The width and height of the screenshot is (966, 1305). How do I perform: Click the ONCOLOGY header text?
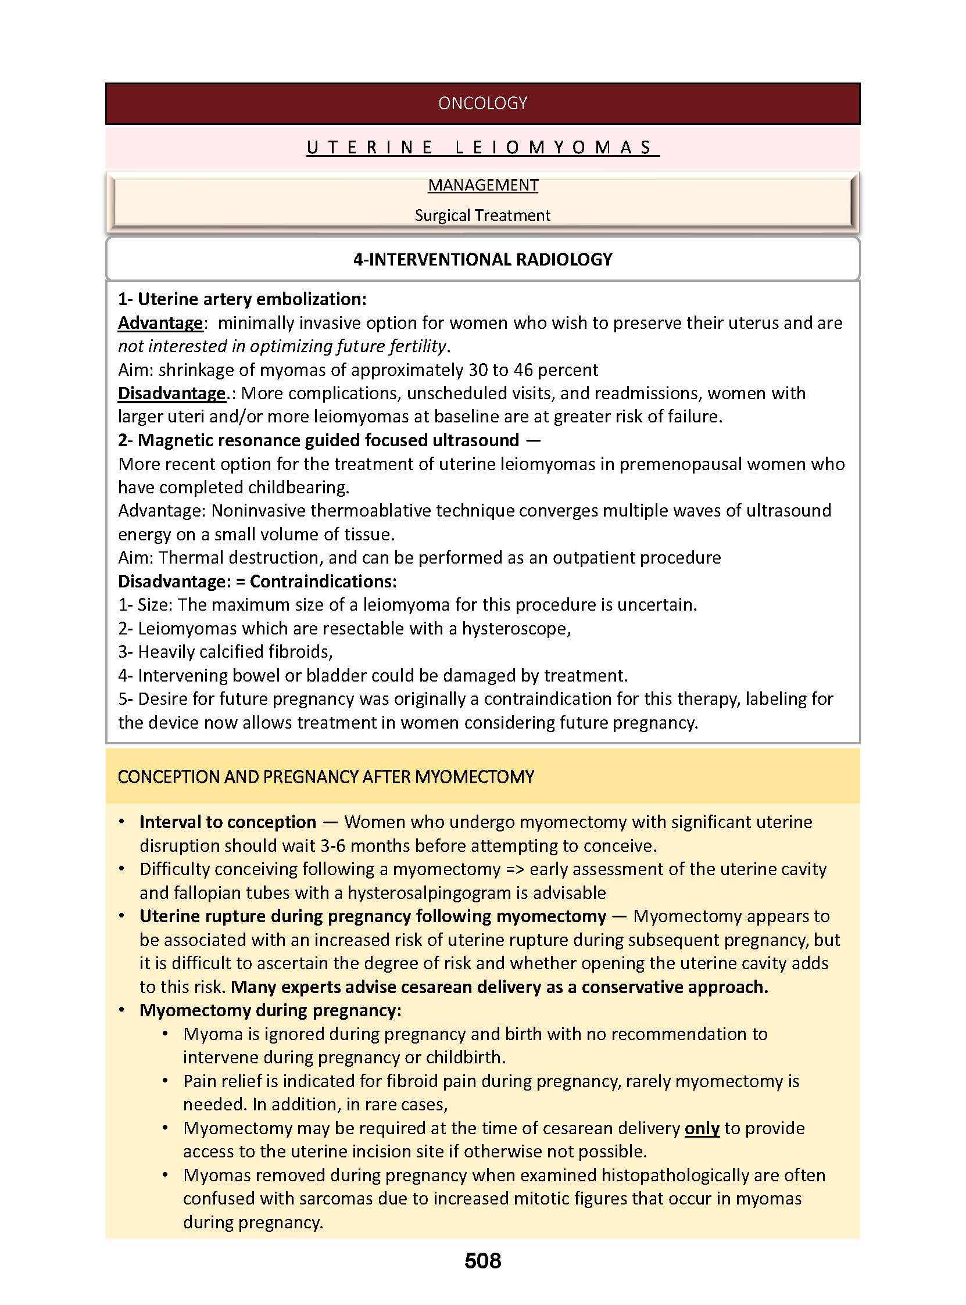coord(482,103)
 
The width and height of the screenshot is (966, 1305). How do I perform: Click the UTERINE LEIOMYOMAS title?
coord(482,147)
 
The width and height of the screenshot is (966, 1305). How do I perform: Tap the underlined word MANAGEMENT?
coord(482,185)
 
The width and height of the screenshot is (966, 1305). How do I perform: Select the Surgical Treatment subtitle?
coord(482,216)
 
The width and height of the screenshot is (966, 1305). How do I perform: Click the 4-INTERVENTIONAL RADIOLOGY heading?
coord(482,260)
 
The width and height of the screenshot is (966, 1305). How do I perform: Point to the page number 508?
coord(482,1261)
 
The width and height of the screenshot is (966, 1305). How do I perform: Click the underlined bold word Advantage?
coord(160,323)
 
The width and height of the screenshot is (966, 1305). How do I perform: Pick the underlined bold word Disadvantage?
coord(171,393)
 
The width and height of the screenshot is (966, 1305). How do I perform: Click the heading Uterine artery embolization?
coord(252,299)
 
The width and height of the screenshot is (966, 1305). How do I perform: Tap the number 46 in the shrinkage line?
coord(523,370)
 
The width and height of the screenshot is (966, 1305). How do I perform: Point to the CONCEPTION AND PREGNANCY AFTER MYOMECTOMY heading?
coord(325,777)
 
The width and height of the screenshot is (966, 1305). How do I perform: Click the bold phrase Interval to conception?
coord(227,822)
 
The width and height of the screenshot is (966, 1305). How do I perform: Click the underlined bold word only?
coord(702,1128)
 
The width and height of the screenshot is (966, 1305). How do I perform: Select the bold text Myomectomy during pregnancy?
coord(270,1010)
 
